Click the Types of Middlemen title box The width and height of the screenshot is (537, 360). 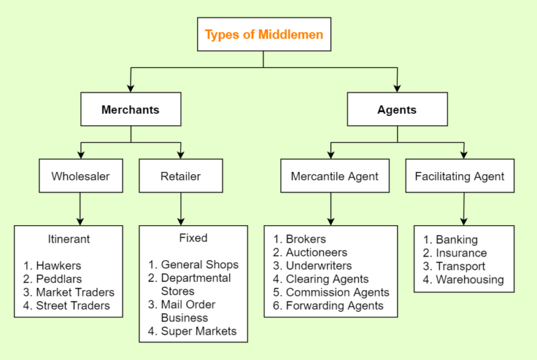click(264, 34)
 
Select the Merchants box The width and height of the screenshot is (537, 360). click(131, 110)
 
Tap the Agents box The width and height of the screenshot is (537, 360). click(396, 110)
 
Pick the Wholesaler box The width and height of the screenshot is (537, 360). click(80, 176)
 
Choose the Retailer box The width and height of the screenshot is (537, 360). click(181, 176)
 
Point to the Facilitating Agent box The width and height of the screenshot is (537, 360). click(459, 176)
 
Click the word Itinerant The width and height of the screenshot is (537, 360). click(69, 239)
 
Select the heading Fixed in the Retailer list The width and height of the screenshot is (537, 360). click(193, 238)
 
